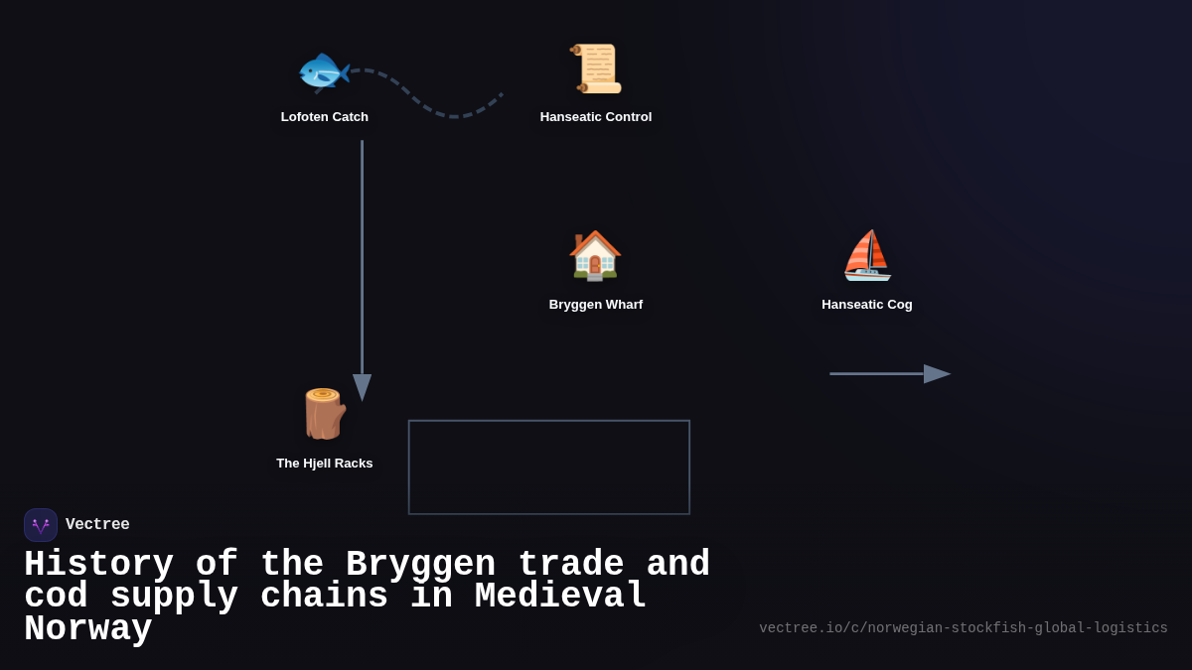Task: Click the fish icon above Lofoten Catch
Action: click(324, 69)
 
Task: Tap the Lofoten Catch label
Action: click(325, 117)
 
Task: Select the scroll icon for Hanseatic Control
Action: click(596, 68)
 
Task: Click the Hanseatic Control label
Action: click(596, 117)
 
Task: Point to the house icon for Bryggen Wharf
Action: click(595, 255)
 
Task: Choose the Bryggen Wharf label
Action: click(596, 305)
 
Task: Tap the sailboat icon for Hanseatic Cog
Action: click(867, 255)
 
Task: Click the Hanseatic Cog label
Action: click(867, 305)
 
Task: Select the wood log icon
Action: click(324, 414)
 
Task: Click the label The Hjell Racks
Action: click(325, 464)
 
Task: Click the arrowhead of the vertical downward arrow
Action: click(362, 387)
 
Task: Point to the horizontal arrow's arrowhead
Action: click(937, 374)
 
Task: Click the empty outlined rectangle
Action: click(549, 468)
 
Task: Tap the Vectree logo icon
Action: click(41, 525)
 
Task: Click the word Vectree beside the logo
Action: click(97, 525)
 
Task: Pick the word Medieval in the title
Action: click(560, 597)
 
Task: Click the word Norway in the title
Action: click(88, 629)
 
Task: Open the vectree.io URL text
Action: click(964, 628)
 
